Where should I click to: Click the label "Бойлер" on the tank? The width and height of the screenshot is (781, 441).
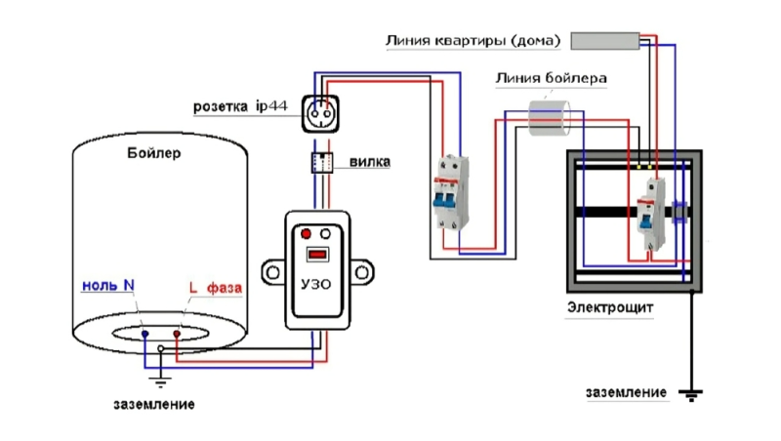click(x=154, y=153)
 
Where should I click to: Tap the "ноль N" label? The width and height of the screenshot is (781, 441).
click(x=106, y=286)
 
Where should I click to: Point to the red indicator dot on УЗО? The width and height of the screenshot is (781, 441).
click(x=306, y=234)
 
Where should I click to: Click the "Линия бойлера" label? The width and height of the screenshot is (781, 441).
click(x=551, y=77)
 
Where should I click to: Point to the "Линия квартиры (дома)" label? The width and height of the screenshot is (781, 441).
click(x=473, y=41)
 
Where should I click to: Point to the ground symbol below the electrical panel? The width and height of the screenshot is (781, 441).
click(x=692, y=394)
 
